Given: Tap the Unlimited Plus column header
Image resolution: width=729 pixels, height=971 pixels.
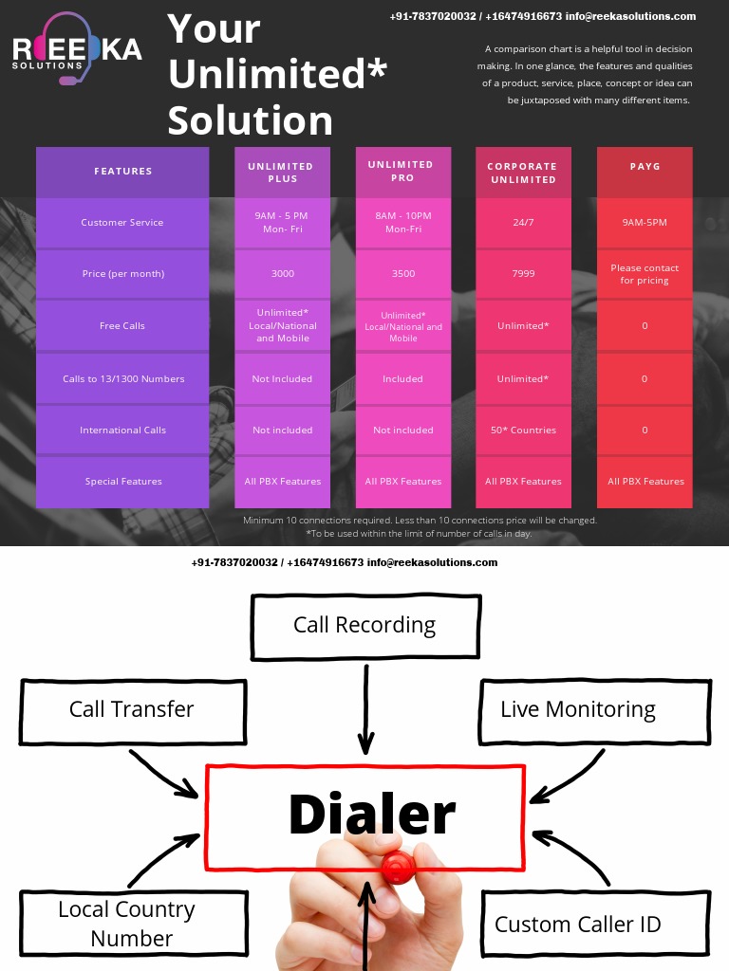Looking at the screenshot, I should pos(282,173).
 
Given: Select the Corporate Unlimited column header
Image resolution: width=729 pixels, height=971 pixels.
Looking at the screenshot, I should pos(522,173).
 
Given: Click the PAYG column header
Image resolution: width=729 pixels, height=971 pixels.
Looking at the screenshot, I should pos(645,167).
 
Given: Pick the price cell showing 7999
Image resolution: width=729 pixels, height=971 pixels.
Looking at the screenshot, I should pos(523,274).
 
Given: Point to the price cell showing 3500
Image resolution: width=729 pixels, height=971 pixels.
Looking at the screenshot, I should pos(402,274).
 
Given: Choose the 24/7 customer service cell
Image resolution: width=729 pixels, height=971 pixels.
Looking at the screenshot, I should pos(523,223).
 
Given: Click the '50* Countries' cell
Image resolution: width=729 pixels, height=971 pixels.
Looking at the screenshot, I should pos(523,431).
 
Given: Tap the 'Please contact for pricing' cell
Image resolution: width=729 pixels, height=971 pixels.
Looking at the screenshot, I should pos(645,274).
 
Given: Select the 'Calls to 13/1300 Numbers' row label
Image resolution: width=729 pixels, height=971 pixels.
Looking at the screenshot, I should pos(123,379).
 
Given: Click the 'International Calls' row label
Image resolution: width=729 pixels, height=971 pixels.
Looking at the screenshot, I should pos(122,431).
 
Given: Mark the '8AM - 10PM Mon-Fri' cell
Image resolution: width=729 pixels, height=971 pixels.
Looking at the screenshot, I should pos(402,223).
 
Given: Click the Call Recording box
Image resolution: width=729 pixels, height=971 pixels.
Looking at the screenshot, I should pos(364,626).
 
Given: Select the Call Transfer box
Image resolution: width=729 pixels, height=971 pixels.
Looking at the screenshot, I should pos(133,710).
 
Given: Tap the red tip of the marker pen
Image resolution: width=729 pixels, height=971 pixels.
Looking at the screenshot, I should pos(397,865).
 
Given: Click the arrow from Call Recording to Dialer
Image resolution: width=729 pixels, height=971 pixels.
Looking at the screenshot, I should pos(366,711).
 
